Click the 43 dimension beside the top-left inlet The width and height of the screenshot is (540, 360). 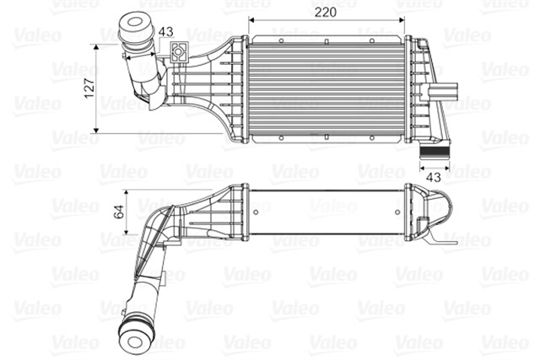[x=165, y=32]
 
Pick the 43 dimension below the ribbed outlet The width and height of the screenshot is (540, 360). [x=433, y=177]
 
